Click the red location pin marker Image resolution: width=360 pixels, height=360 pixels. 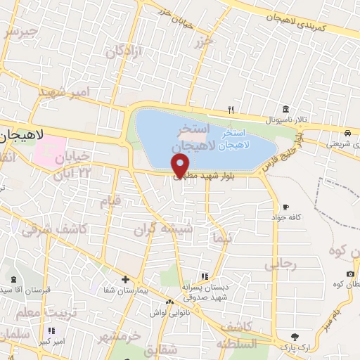pos(181,166)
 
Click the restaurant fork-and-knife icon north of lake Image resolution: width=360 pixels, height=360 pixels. pos(231,110)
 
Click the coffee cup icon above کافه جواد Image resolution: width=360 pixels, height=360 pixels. pos(285,207)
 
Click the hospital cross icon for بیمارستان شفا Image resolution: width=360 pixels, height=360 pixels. pos(125,279)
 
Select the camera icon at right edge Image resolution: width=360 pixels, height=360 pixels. pos(350,274)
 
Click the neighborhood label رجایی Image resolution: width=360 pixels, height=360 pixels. pos(281,264)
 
